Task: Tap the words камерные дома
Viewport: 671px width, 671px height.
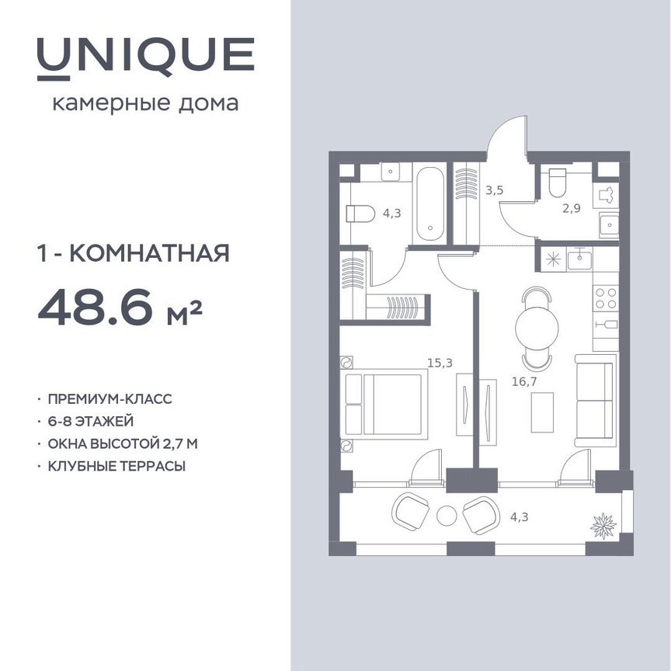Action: [145, 103]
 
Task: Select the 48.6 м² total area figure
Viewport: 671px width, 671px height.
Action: [120, 309]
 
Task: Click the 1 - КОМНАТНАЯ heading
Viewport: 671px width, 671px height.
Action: [133, 253]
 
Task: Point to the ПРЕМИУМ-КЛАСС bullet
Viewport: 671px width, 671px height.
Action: [110, 399]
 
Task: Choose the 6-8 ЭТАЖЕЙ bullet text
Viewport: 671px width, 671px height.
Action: [91, 422]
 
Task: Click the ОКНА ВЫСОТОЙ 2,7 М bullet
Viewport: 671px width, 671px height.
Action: [123, 444]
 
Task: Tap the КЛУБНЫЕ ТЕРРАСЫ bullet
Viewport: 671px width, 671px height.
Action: [116, 467]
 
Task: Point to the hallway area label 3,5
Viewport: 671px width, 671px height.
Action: [495, 189]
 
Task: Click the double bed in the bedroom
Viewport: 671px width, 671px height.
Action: [386, 404]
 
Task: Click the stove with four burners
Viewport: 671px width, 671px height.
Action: [605, 298]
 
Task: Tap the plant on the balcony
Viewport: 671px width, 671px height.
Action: [603, 524]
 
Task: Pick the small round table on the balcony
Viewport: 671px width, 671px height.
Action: [447, 515]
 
